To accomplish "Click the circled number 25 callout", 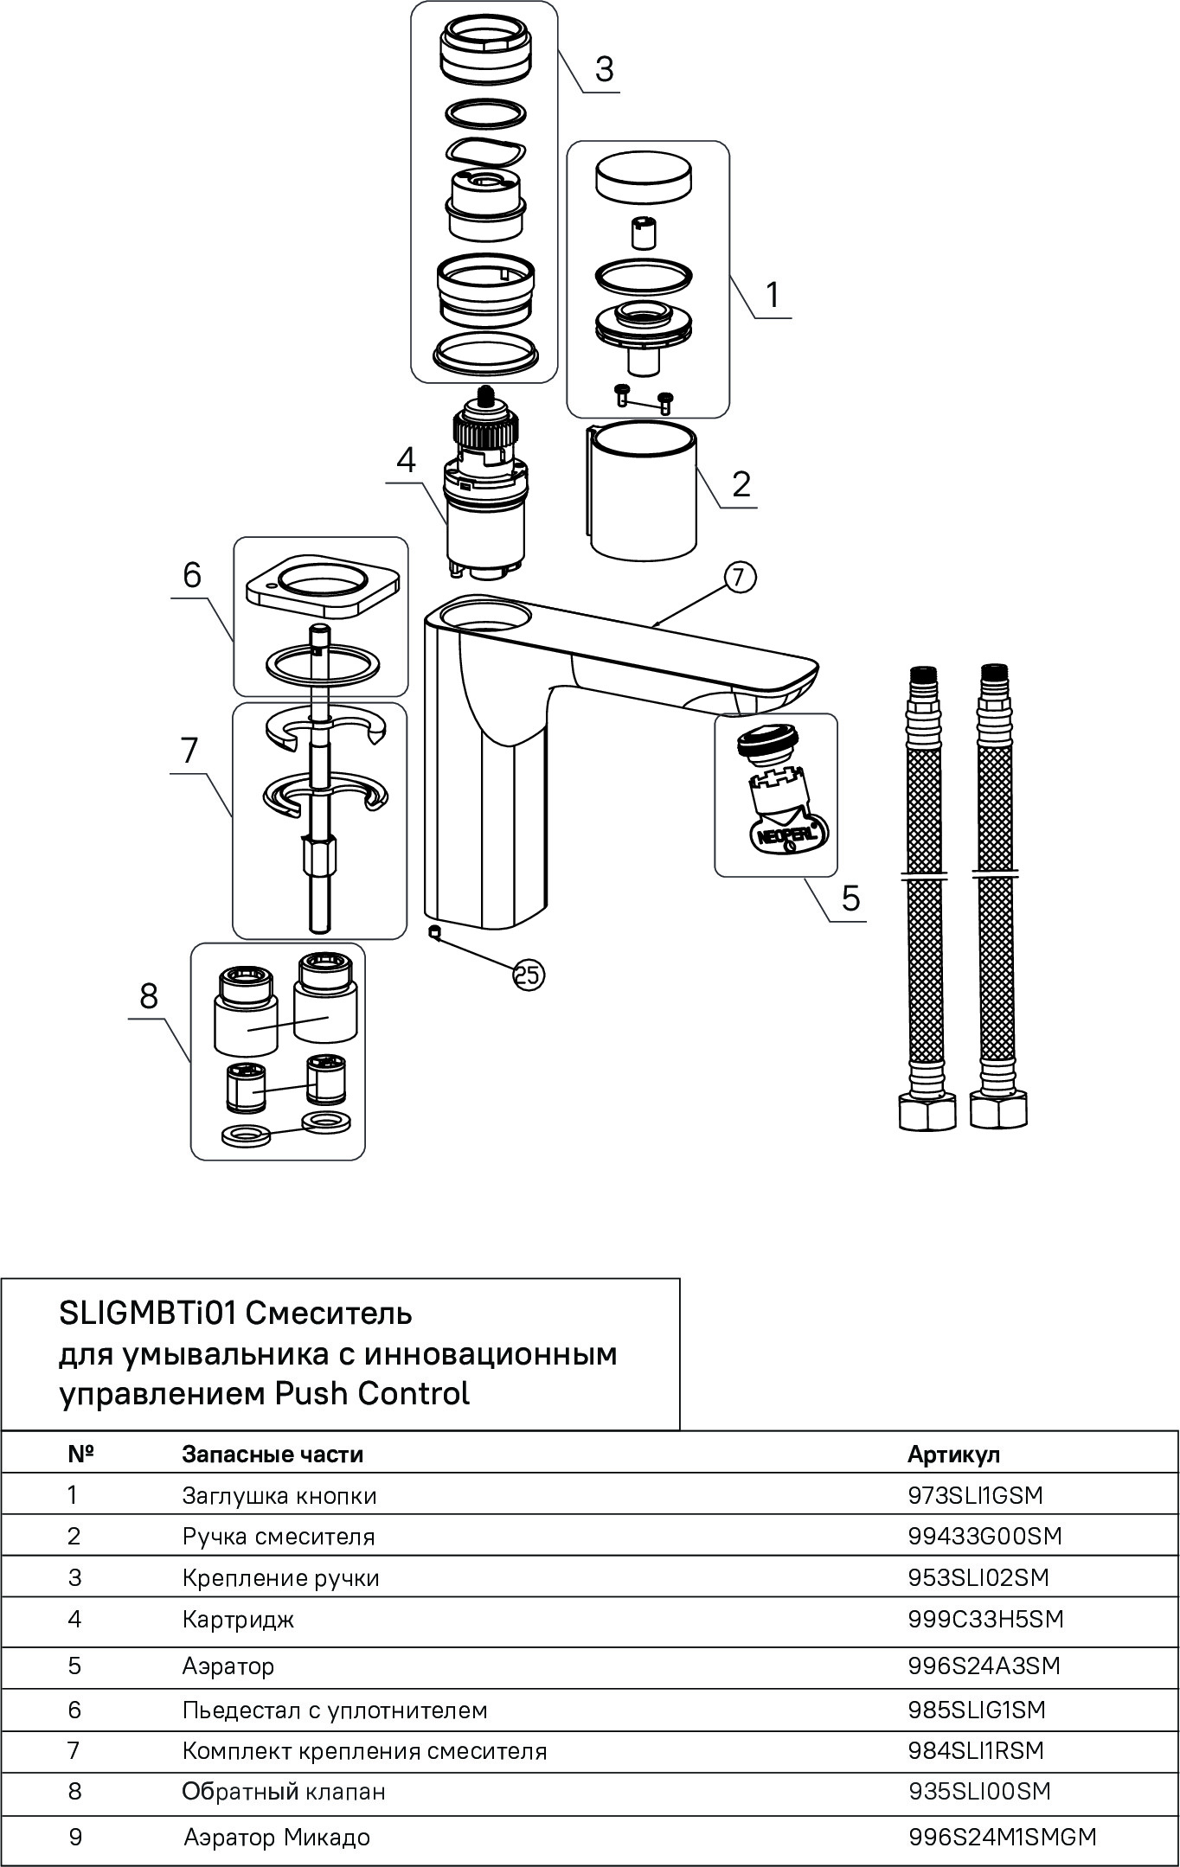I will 529,975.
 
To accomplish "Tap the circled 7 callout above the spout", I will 740,578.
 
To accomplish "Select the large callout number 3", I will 604,69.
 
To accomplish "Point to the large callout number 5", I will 851,898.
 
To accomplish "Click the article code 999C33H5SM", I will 985,1619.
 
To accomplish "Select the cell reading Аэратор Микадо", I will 277,1837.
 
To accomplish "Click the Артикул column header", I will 953,1454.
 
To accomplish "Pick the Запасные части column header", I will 273,1454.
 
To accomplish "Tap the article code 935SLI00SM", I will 979,1791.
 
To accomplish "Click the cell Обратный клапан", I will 283,1791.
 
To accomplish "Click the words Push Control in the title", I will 372,1393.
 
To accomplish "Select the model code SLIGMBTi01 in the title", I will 148,1314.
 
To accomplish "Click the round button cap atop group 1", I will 644,176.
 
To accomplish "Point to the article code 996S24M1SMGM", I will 1002,1837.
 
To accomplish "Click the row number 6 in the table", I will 74,1710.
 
